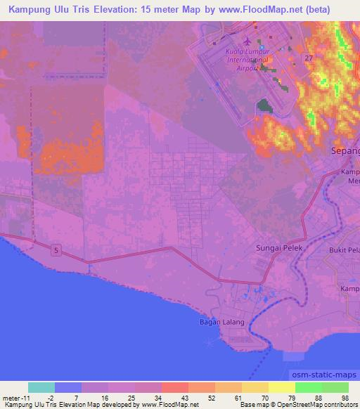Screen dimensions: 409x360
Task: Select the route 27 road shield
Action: click(x=309, y=58)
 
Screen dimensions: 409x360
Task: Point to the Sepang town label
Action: click(x=345, y=151)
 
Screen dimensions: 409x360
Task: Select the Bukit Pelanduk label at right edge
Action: click(x=345, y=250)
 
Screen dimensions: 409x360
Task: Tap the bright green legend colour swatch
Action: click(x=308, y=387)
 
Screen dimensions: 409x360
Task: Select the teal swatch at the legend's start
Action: click(x=41, y=387)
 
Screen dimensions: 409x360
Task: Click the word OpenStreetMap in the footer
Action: click(x=296, y=405)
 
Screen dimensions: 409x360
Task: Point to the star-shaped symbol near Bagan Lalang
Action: click(x=210, y=342)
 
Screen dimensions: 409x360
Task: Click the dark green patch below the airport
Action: click(x=264, y=106)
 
